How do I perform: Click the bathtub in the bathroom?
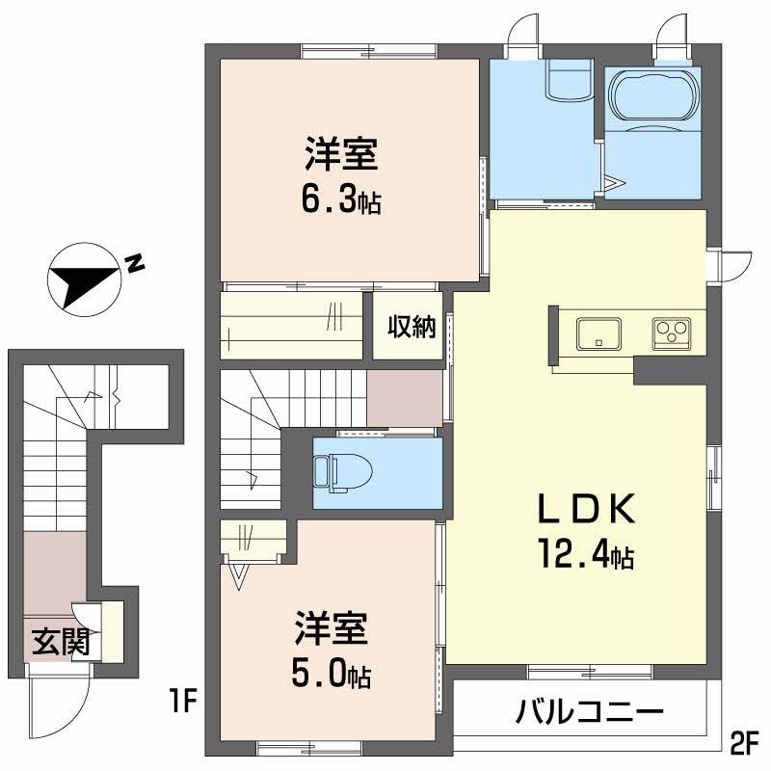(x=653, y=96)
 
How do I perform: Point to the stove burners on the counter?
(x=672, y=333)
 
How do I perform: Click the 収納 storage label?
(x=412, y=327)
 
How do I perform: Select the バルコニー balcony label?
(x=590, y=714)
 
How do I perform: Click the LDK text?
(x=585, y=508)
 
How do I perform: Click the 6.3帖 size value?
(x=341, y=199)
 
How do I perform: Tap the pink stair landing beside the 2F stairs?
(x=404, y=396)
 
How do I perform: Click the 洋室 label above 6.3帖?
(x=341, y=154)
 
